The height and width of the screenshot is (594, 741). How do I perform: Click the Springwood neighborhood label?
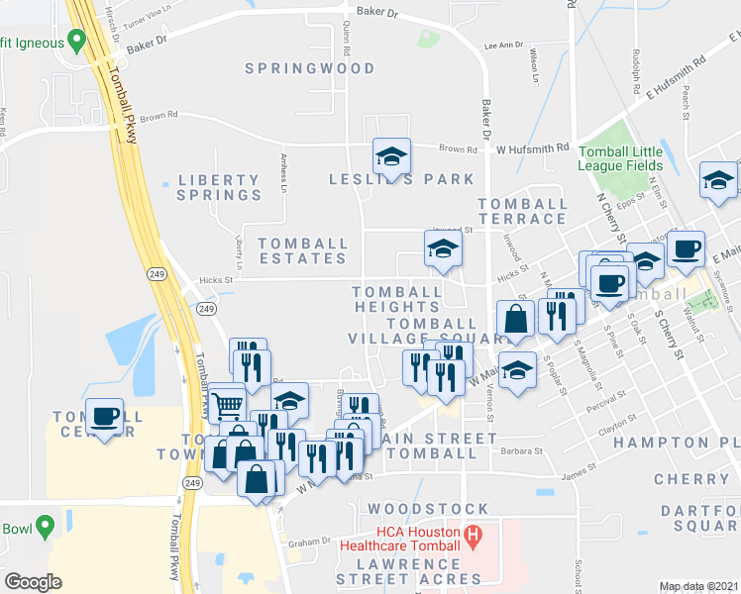tap(310, 68)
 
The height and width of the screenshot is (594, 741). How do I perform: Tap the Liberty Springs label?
tap(219, 187)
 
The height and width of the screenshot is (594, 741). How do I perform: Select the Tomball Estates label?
tap(302, 250)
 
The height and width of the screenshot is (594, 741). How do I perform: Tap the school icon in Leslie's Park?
tap(391, 155)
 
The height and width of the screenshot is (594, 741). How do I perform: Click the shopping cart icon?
tap(228, 401)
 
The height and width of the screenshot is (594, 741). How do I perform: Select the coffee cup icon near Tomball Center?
tap(104, 416)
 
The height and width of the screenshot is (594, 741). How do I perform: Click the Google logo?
tap(33, 581)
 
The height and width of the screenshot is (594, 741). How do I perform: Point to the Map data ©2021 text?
tap(699, 586)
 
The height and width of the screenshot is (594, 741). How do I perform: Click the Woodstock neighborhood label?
tap(416, 508)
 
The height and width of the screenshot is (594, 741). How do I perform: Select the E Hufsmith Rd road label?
tap(676, 77)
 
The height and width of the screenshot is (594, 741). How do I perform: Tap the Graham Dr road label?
tap(308, 543)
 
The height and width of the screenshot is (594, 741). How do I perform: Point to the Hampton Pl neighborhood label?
tap(677, 442)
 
